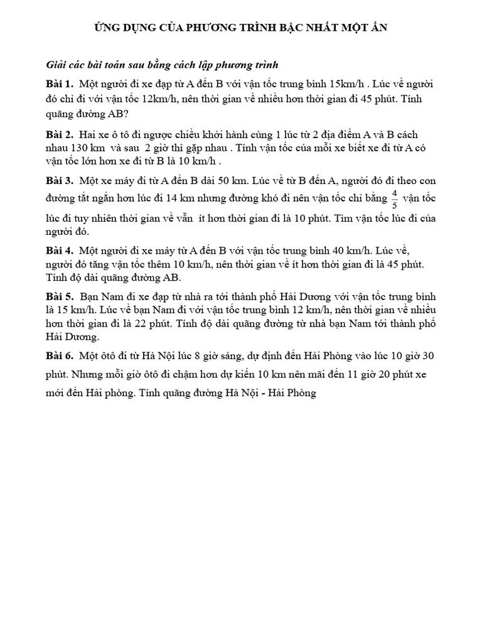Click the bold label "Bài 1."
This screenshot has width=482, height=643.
pos(60,84)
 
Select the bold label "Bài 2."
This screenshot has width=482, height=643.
pos(60,135)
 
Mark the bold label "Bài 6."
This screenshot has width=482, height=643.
pos(60,356)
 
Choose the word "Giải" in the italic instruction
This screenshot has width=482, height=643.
pos(57,65)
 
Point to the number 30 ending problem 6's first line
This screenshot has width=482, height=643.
pos(428,356)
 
